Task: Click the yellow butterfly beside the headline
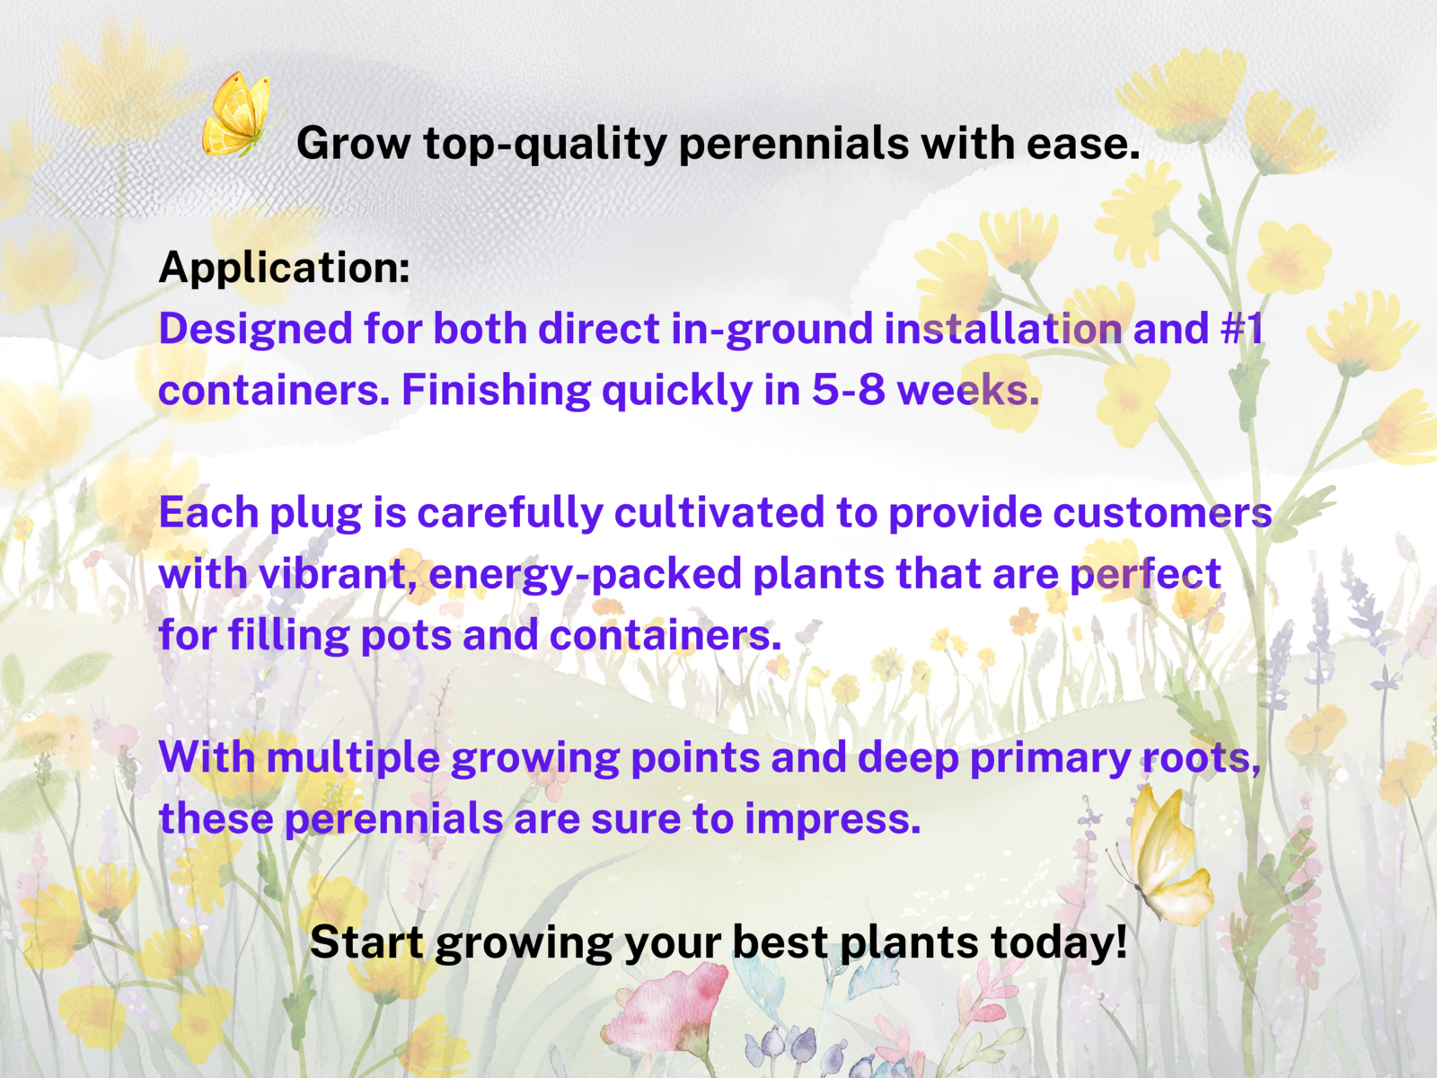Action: (238, 115)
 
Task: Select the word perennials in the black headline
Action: (793, 144)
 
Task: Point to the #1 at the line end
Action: (1242, 328)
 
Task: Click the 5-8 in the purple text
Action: (849, 390)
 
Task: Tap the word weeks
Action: (968, 390)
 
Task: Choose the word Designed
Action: (256, 329)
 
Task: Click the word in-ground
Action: (772, 329)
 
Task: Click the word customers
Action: (1162, 512)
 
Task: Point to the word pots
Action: (406, 635)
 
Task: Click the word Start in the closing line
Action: (366, 942)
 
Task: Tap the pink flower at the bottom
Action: (665, 1012)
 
